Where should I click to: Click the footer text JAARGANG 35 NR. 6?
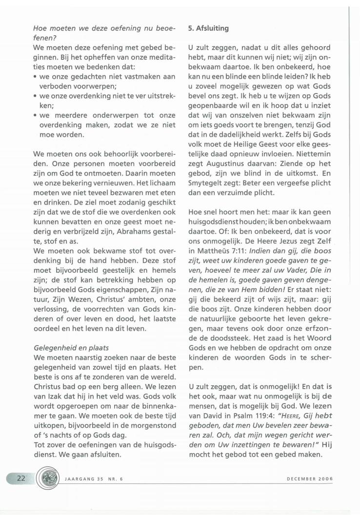pyautogui.click(x=93, y=479)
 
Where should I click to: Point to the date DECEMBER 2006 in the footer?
pyautogui.click(x=311, y=479)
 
